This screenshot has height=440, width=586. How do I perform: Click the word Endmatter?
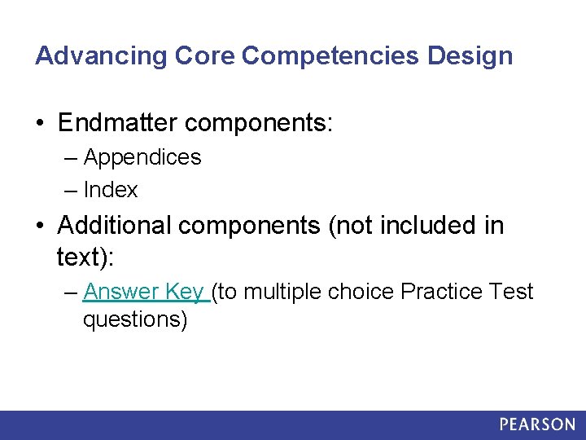(x=117, y=123)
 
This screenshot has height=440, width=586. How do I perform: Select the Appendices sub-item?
(x=142, y=157)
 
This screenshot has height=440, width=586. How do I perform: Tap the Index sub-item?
(x=111, y=191)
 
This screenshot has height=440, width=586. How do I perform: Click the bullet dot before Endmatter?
(x=41, y=124)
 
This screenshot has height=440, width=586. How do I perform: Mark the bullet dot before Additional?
(x=41, y=226)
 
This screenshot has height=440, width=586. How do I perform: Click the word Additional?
(x=114, y=226)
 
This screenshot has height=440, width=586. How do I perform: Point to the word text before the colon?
(x=82, y=258)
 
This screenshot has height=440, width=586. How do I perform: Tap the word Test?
(x=514, y=292)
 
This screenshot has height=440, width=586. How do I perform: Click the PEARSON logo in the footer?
(x=537, y=425)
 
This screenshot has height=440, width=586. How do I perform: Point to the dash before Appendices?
(x=71, y=157)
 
